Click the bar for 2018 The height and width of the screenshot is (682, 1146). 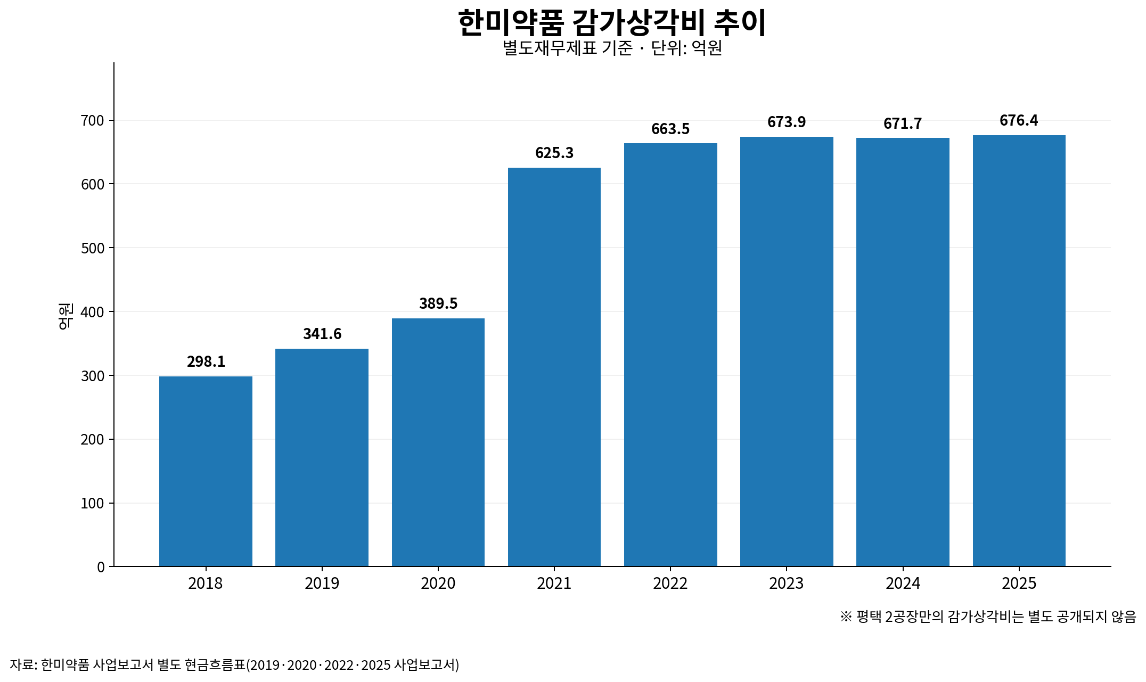click(206, 471)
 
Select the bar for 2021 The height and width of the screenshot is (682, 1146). click(554, 367)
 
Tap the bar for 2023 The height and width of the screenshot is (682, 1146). click(787, 351)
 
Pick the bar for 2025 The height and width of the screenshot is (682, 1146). click(1019, 351)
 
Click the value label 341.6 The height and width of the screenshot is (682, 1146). click(322, 334)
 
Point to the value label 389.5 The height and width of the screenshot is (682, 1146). click(438, 303)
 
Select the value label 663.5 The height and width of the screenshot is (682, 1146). click(670, 129)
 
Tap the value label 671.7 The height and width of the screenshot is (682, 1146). click(903, 124)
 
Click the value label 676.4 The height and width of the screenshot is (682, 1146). click(1019, 120)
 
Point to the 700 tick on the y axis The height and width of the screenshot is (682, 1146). click(92, 121)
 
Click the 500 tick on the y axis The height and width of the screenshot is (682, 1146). click(92, 248)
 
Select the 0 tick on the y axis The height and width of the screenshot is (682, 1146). click(101, 567)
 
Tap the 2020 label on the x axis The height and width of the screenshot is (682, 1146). click(438, 584)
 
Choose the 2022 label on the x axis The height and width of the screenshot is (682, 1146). click(670, 584)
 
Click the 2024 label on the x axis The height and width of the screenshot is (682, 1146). click(903, 584)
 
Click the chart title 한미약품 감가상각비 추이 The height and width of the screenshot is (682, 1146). click(612, 23)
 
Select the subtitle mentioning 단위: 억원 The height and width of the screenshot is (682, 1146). click(612, 48)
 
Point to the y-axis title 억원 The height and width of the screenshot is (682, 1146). click(66, 316)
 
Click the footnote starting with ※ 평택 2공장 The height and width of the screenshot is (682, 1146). click(988, 617)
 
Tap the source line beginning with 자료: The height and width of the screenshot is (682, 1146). click(234, 665)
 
